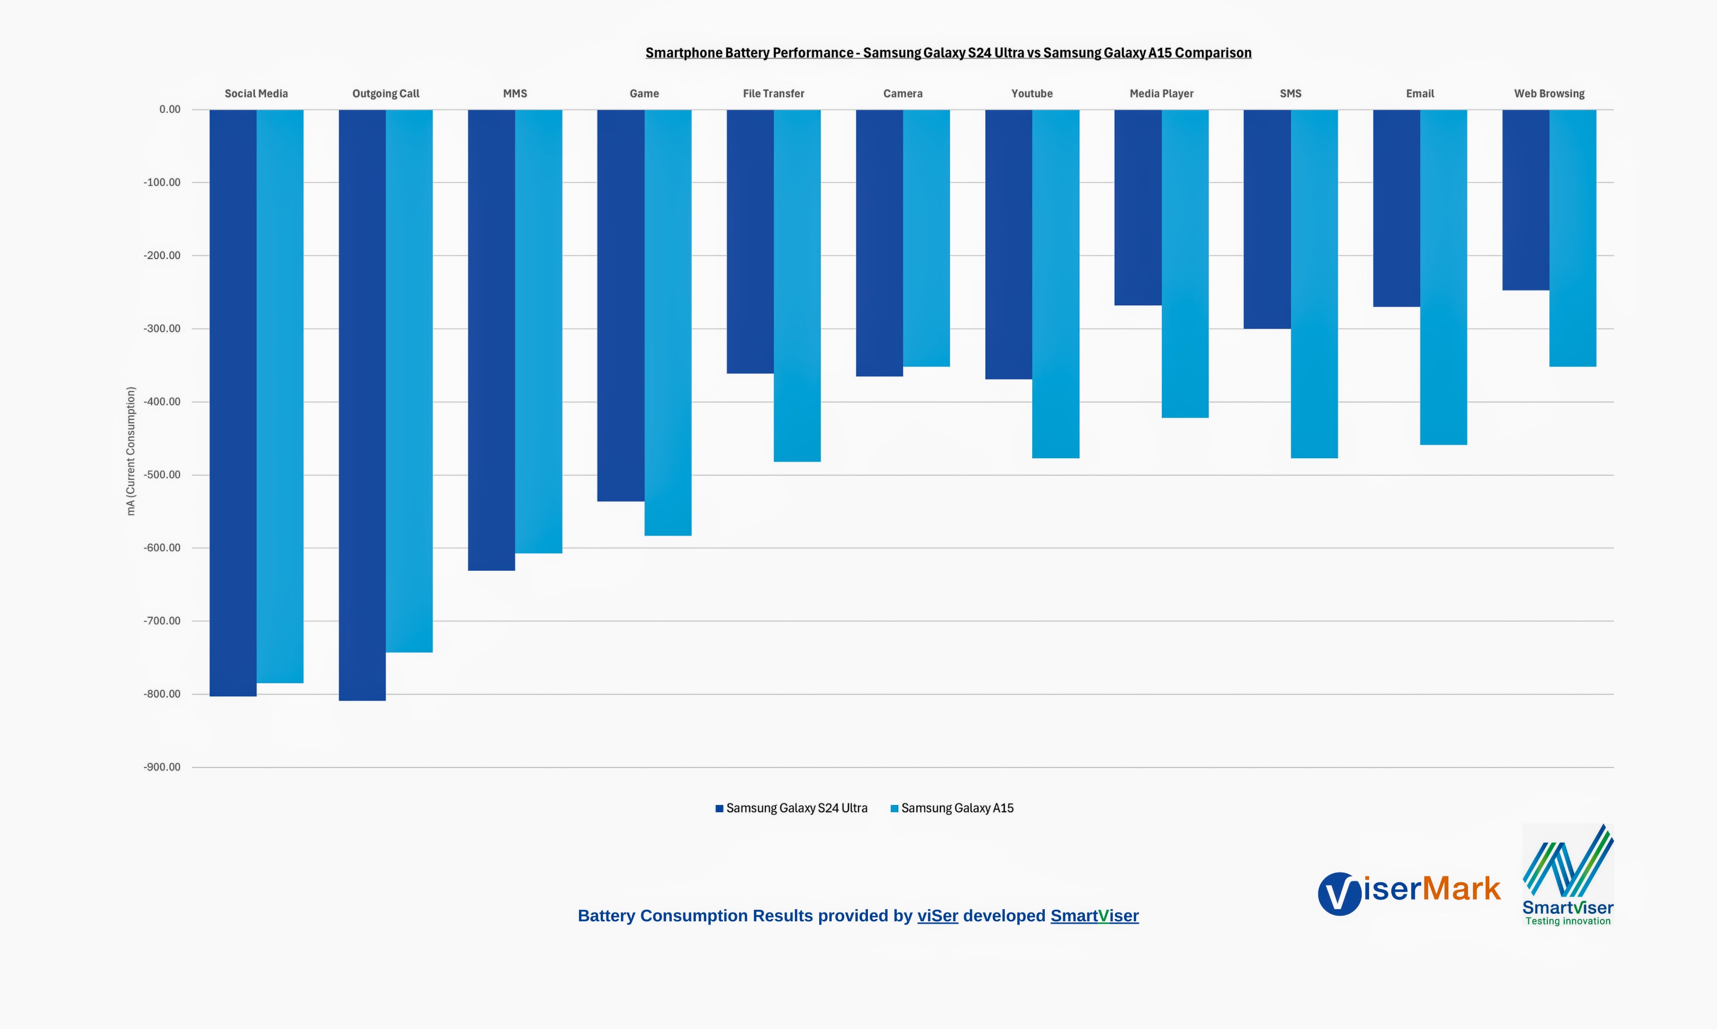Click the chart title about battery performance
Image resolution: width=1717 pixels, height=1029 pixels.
[x=948, y=53]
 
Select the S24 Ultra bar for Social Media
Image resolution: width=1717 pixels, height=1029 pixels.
[x=233, y=402]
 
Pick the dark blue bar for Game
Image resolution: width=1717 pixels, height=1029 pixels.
[x=621, y=305]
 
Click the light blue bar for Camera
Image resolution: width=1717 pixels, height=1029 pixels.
[x=926, y=238]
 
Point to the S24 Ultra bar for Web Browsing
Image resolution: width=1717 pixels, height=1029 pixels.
[x=1526, y=200]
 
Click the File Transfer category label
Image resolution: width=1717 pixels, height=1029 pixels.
[x=774, y=94]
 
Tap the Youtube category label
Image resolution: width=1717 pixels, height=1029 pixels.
[x=1032, y=94]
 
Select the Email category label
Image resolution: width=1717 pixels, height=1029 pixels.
[x=1419, y=94]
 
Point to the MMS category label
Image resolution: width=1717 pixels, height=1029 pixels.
[x=515, y=94]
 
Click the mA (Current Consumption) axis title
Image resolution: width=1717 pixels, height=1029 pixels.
[x=131, y=451]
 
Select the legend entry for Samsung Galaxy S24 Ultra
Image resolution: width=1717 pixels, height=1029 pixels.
[x=792, y=808]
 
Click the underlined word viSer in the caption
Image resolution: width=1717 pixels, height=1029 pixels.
[x=937, y=916]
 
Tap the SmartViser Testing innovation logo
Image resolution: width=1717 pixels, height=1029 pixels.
[x=1567, y=875]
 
